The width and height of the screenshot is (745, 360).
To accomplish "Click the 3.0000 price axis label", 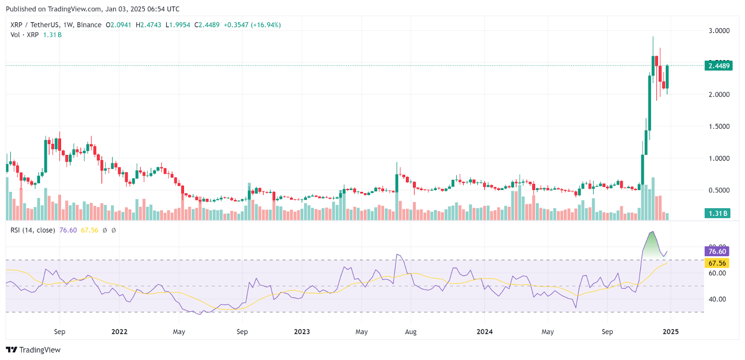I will point(719,31).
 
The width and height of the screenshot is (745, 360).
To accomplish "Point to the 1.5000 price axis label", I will point(719,127).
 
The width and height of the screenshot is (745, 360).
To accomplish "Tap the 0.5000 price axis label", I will point(719,190).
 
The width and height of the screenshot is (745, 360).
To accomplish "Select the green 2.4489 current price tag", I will point(719,66).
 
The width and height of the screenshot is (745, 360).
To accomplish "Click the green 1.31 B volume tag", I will point(718,213).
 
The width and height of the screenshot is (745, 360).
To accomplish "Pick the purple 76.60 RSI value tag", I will point(717,251).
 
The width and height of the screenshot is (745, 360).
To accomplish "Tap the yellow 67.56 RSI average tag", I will point(717,263).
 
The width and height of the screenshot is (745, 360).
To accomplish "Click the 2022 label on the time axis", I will point(119,332).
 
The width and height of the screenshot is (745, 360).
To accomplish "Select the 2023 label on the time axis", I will point(302,332).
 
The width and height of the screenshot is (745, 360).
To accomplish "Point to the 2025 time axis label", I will point(670,332).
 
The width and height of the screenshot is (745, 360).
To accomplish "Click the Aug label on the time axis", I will point(411,332).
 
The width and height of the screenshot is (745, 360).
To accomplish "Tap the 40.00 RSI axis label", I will point(717,299).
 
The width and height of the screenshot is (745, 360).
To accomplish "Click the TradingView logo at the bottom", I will point(34,350).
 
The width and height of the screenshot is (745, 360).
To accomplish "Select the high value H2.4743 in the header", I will point(149,25).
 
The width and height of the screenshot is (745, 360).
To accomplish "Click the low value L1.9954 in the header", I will point(178,25).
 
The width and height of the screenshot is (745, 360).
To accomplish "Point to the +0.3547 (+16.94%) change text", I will point(252,25).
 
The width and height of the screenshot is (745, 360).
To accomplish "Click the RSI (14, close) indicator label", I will point(33,230).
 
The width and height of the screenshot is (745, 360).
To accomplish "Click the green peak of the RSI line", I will point(652,232).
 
